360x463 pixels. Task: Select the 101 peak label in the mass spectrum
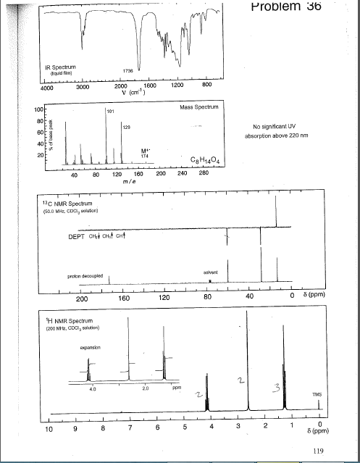click(110, 112)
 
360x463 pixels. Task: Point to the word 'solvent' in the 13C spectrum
click(212, 272)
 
